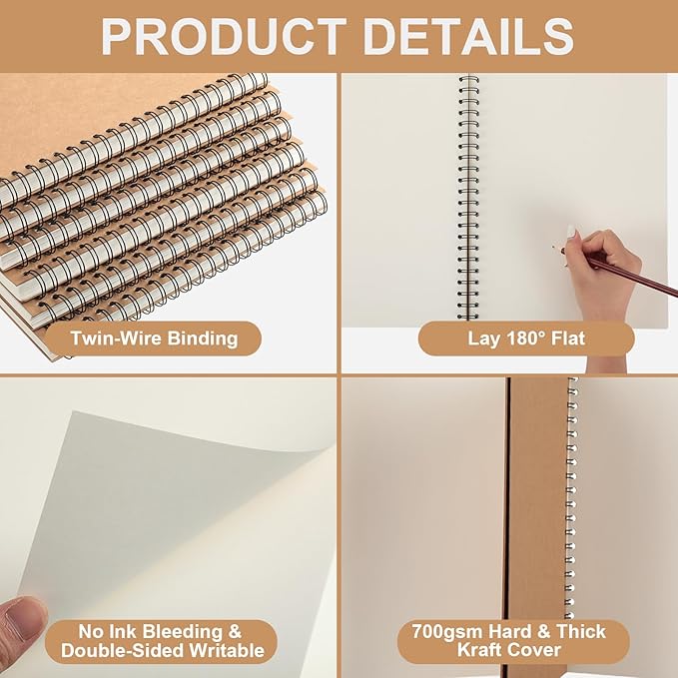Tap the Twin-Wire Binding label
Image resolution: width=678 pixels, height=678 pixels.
pyautogui.click(x=154, y=338)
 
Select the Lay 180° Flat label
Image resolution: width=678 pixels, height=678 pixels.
pyautogui.click(x=525, y=338)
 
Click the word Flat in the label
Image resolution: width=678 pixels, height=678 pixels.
pyautogui.click(x=567, y=338)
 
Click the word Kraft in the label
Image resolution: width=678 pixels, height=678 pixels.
pyautogui.click(x=492, y=651)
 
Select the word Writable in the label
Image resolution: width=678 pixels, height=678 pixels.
pyautogui.click(x=223, y=651)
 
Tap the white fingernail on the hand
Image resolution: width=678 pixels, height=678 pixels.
pyautogui.click(x=570, y=232)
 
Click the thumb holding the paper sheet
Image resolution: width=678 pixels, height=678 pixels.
pyautogui.click(x=22, y=624)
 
